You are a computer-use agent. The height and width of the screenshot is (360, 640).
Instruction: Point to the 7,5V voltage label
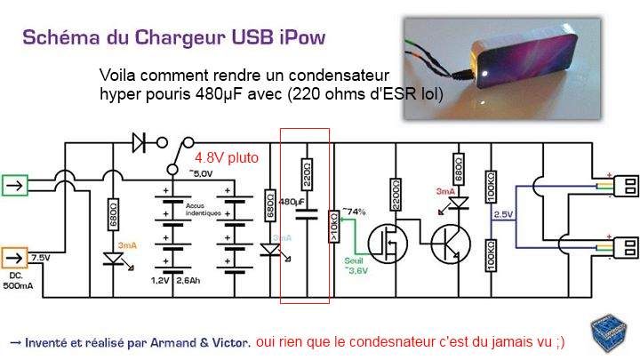(x=42, y=258)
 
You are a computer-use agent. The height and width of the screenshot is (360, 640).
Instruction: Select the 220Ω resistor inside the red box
(x=307, y=172)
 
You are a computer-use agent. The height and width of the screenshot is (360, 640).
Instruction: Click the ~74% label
(x=354, y=212)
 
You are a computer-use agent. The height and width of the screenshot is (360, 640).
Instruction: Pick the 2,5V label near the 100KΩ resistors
(x=504, y=215)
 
